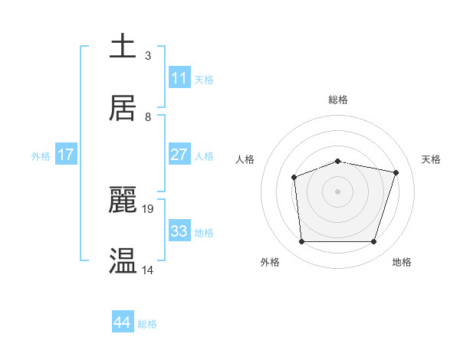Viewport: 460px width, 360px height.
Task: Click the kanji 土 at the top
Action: coord(123,45)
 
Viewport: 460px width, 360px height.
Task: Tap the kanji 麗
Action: coord(123,199)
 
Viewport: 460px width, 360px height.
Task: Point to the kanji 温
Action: coord(123,260)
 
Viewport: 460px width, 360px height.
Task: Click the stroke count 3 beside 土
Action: coord(148,55)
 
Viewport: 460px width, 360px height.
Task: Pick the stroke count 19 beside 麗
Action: coord(149,208)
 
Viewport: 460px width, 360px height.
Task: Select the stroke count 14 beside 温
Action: coord(148,270)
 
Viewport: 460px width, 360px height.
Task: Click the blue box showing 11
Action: coord(179,78)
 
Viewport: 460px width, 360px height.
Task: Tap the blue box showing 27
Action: coord(179,155)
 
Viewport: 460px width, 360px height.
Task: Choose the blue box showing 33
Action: coord(179,231)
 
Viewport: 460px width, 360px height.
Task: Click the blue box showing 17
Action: coord(66,155)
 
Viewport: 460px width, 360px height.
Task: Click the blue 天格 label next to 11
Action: coord(204,80)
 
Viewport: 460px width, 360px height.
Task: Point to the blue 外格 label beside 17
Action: coord(41,156)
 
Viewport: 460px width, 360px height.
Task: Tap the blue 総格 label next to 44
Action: coord(147,324)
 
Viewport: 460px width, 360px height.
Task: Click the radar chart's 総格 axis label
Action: coord(338,100)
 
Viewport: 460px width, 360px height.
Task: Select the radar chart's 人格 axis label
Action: coord(245,159)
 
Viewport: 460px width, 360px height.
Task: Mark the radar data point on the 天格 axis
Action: coord(396,172)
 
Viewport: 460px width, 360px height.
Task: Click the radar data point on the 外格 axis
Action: coord(301,242)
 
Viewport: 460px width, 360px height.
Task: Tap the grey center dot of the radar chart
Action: coord(338,191)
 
